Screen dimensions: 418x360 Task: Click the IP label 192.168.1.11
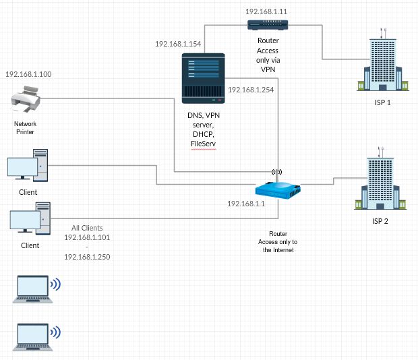pyautogui.click(x=266, y=11)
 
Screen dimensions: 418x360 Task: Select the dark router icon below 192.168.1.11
pyautogui.click(x=268, y=25)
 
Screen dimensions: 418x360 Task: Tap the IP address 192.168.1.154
pyautogui.click(x=178, y=44)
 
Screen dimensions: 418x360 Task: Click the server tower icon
pyautogui.click(x=203, y=78)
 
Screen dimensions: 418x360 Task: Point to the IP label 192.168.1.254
pyautogui.click(x=251, y=90)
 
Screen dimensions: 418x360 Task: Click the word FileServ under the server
pyautogui.click(x=203, y=144)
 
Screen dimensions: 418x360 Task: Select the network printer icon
pyautogui.click(x=26, y=98)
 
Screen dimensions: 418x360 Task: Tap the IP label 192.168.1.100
pyautogui.click(x=28, y=74)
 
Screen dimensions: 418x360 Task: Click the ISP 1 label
pyautogui.click(x=382, y=102)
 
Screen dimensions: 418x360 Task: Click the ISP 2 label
pyautogui.click(x=380, y=221)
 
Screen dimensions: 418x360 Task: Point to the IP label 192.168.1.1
pyautogui.click(x=246, y=204)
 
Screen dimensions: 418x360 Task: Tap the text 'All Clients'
pyautogui.click(x=87, y=228)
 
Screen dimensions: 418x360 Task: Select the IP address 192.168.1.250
pyautogui.click(x=87, y=257)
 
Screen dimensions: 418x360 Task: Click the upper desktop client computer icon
pyautogui.click(x=28, y=165)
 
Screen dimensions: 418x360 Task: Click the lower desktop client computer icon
pyautogui.click(x=30, y=218)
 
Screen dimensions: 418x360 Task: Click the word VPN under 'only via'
pyautogui.click(x=268, y=69)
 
